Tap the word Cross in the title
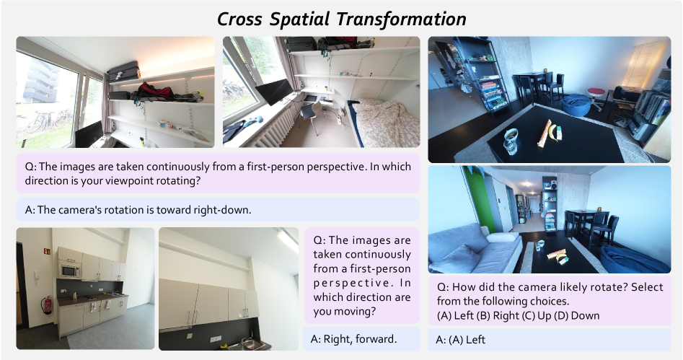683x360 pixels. pos(239,19)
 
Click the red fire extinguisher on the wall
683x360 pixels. pos(47,304)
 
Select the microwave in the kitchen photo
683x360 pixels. pos(70,271)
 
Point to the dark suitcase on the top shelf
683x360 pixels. pos(124,71)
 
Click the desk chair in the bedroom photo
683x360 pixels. pos(310,116)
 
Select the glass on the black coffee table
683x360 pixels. pos(511,141)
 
